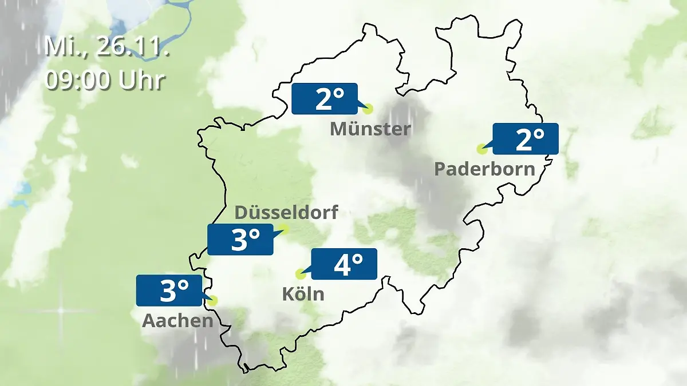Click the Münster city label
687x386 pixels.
(370, 129)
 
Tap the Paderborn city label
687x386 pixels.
(484, 169)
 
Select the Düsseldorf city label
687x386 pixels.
(286, 213)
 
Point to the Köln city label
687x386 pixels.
(303, 294)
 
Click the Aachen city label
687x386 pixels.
(177, 321)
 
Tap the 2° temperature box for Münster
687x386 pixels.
(325, 98)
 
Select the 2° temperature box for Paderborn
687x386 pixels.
(525, 139)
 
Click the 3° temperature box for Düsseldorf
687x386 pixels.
(240, 239)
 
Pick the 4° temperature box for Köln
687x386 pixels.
(344, 264)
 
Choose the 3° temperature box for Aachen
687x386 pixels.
(169, 291)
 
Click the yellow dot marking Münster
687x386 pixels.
(368, 108)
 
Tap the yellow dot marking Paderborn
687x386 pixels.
(481, 149)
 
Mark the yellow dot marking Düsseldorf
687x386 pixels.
(285, 229)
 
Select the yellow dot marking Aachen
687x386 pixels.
(214, 300)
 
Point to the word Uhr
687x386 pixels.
(142, 80)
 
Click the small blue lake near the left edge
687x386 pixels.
(23, 189)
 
